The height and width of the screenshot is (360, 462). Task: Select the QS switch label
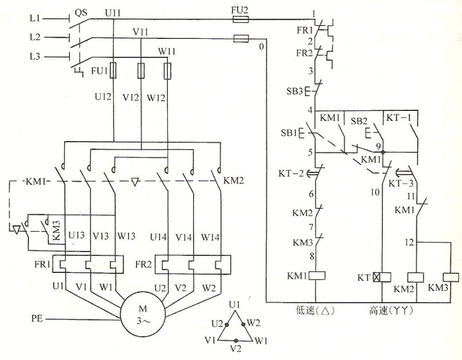[x=81, y=13]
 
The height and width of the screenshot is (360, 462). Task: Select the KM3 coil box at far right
[x=450, y=276]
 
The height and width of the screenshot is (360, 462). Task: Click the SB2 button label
[x=360, y=119]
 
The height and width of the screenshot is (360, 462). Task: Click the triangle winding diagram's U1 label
[x=233, y=306]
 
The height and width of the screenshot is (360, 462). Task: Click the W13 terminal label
[x=126, y=236]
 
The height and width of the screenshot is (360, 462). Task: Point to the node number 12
[x=409, y=242]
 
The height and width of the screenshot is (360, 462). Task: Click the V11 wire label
[x=141, y=32]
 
